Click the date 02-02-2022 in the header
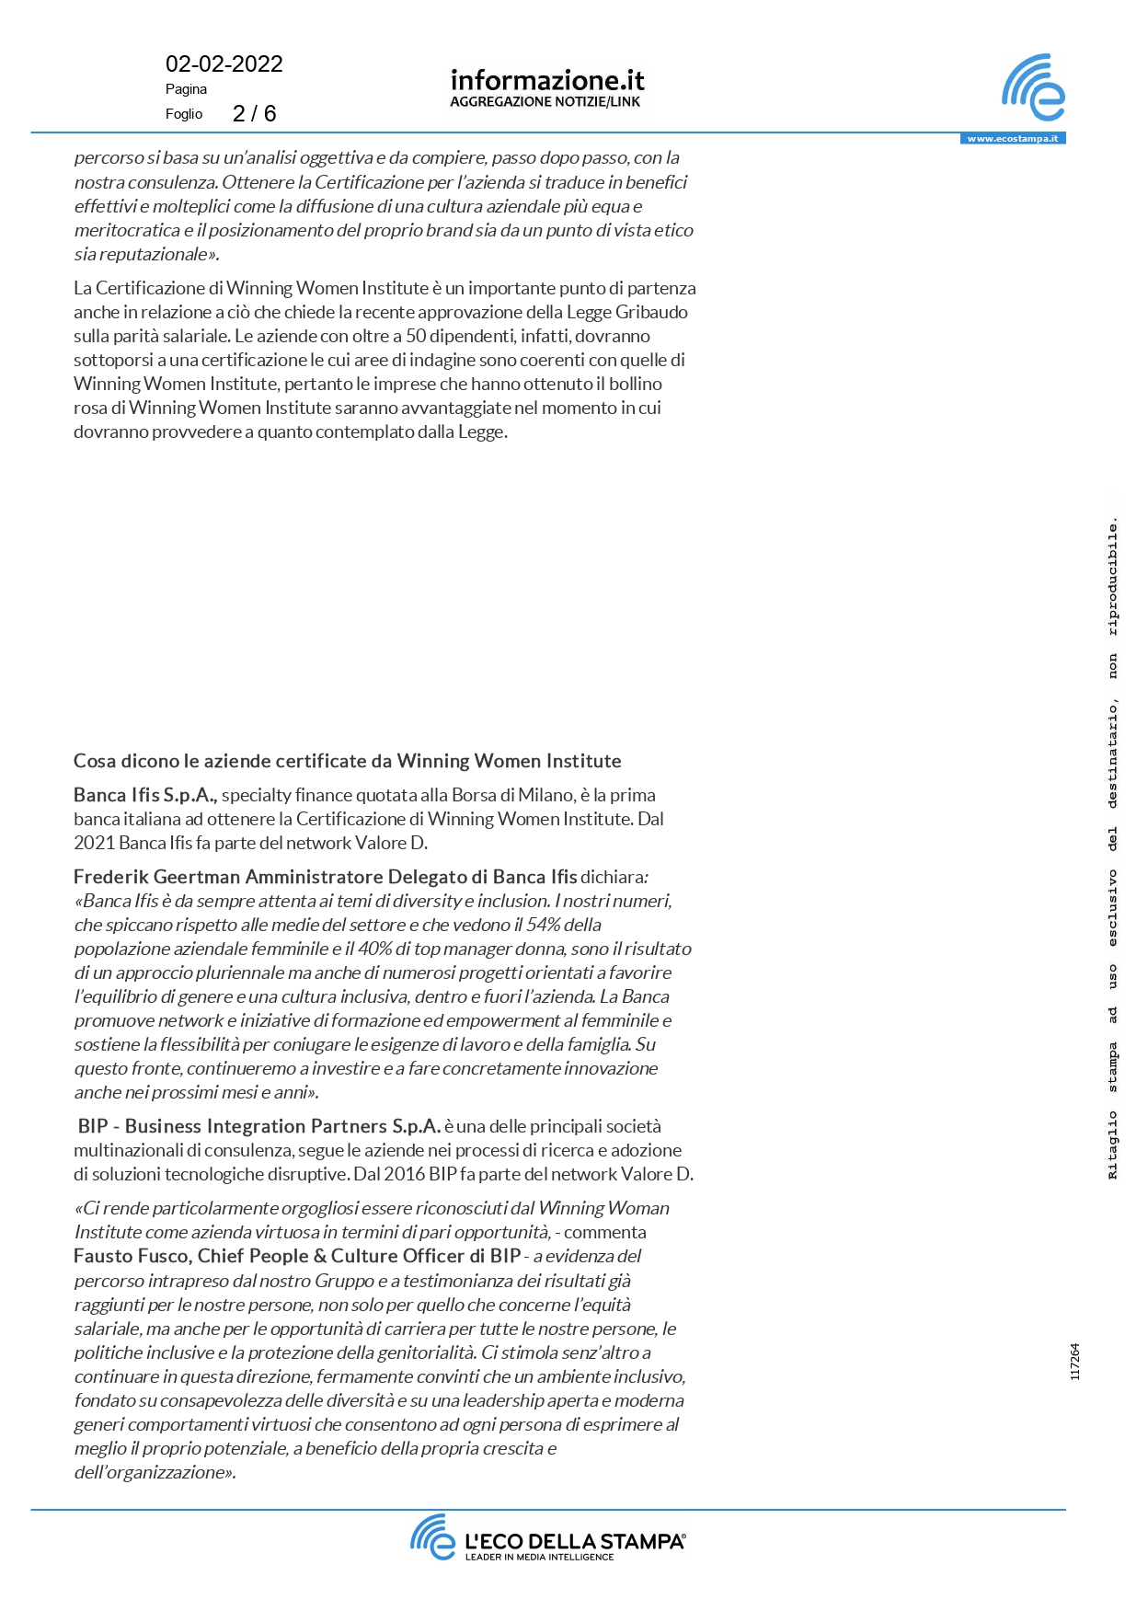coord(224,64)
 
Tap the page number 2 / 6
coord(254,113)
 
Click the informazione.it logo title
coord(547,80)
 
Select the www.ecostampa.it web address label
coord(1012,139)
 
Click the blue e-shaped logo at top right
coord(1034,87)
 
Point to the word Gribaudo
coord(651,312)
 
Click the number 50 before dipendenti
coord(416,336)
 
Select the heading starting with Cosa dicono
coord(347,761)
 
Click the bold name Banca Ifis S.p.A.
coord(144,795)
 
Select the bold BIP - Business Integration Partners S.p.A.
coord(258,1126)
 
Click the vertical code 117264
coord(1075,1362)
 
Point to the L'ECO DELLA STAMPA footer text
coord(574,1541)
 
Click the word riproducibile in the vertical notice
coord(1113,578)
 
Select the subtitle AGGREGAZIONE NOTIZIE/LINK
coord(545,102)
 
